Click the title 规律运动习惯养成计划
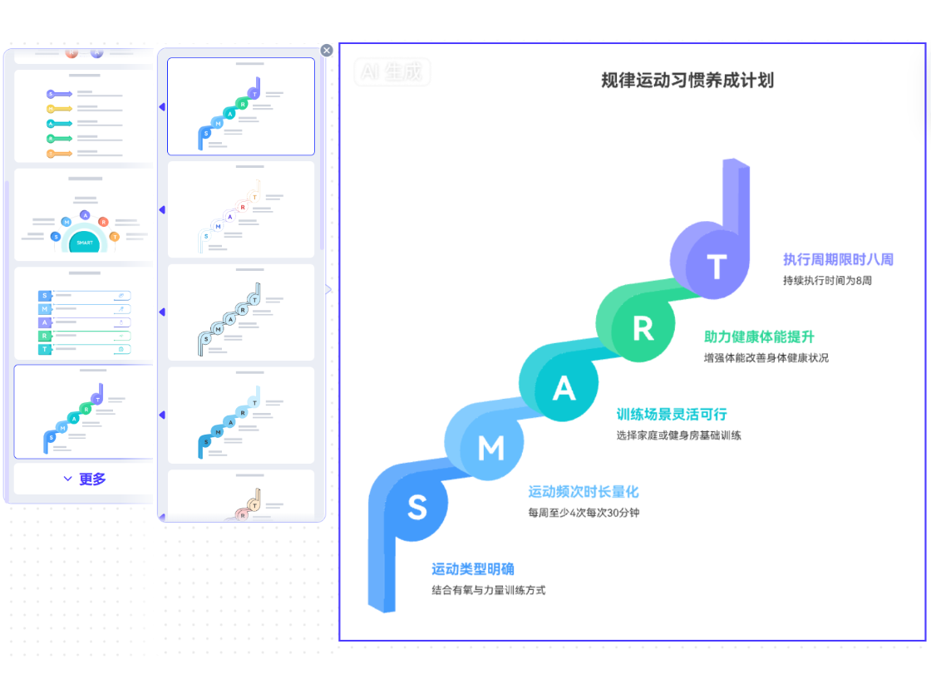687,81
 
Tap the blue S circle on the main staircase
417,508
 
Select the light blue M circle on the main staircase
490,449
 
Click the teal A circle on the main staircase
564,388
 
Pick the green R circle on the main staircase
643,329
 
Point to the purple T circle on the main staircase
716,268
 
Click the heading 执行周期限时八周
838,260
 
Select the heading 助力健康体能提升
759,337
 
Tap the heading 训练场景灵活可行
671,414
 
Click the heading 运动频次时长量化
584,492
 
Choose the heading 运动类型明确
473,569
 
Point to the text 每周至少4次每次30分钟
584,513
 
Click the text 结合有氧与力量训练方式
489,590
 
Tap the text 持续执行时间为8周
827,281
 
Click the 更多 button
84,479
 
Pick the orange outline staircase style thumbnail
241,209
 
